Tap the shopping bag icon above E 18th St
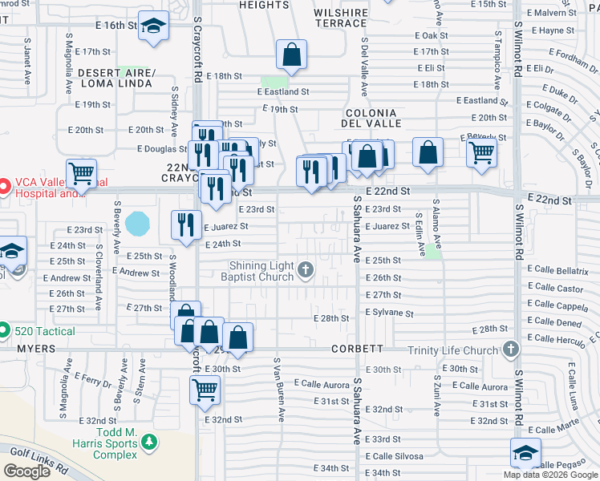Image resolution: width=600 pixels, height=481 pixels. point(292,55)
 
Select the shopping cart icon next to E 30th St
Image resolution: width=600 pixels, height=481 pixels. point(205,390)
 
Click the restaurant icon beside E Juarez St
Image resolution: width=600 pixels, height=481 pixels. point(186,225)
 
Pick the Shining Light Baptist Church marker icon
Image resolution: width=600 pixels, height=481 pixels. point(306,269)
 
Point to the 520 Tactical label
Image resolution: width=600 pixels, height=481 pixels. point(45,331)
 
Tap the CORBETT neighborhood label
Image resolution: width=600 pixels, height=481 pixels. point(357,350)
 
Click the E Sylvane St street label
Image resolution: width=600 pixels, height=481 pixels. point(389,314)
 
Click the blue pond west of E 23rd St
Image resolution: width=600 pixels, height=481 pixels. point(137,223)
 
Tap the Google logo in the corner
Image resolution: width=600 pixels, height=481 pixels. point(27,471)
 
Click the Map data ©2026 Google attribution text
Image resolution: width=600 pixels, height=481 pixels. point(550,475)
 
